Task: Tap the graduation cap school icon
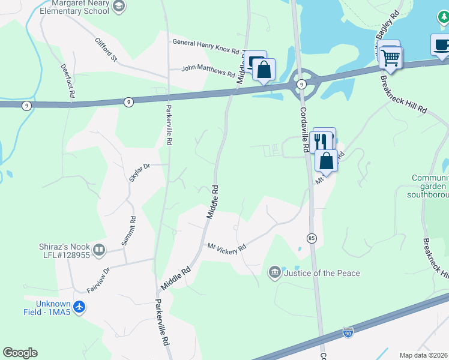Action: tap(119, 5)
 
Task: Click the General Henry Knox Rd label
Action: tap(205, 43)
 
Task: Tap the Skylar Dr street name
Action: tap(139, 172)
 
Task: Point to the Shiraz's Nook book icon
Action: tap(99, 249)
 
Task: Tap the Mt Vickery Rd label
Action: tap(227, 247)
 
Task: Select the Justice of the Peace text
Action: tap(322, 274)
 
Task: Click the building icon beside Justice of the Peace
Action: tap(275, 273)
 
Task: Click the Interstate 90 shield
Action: tap(348, 331)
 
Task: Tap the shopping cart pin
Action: tap(391, 58)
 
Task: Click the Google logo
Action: tap(20, 353)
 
